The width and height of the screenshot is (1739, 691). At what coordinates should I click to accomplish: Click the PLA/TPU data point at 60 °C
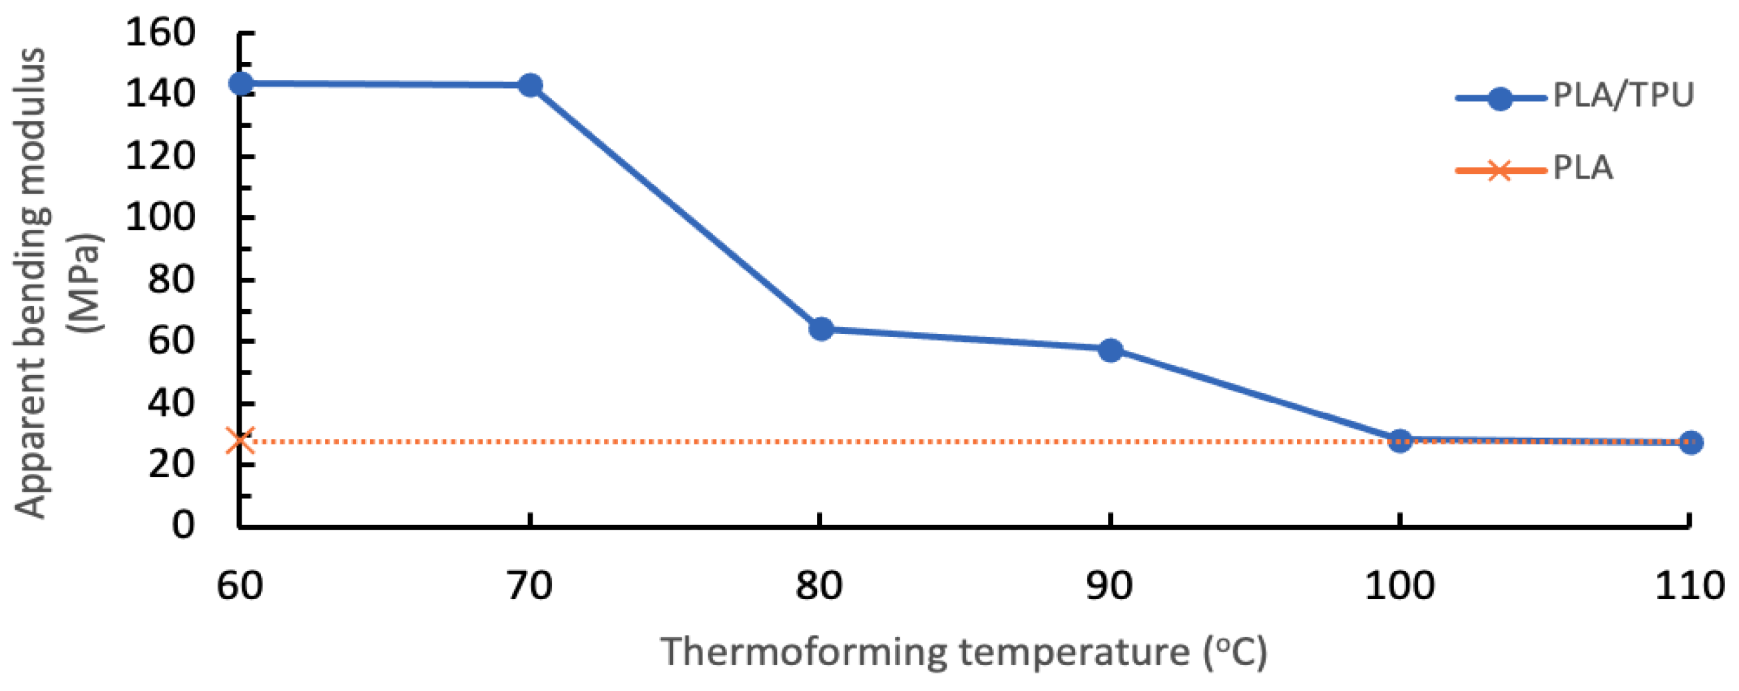(x=241, y=83)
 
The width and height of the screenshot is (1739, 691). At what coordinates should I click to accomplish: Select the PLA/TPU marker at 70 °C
(x=530, y=85)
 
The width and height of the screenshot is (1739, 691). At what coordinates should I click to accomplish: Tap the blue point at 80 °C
(x=821, y=329)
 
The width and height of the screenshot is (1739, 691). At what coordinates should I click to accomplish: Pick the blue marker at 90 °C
(x=1111, y=350)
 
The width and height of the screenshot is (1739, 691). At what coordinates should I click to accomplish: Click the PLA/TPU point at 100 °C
(x=1400, y=441)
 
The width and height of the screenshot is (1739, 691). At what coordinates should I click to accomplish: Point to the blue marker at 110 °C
(x=1690, y=442)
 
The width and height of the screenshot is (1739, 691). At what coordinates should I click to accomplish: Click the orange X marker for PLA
(x=240, y=440)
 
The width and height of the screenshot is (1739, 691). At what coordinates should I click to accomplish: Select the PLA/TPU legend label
(x=1623, y=95)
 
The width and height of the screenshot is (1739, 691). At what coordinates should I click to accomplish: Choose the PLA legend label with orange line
(x=1583, y=167)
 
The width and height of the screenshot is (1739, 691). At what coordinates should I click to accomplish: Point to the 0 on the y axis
(x=182, y=525)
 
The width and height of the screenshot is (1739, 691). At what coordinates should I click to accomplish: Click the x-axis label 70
(x=529, y=585)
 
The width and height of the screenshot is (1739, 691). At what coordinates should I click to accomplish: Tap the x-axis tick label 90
(x=1109, y=585)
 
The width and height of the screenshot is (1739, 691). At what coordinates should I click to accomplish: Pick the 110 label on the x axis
(x=1690, y=585)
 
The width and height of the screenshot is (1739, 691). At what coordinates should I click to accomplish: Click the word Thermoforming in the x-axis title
(x=804, y=652)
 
